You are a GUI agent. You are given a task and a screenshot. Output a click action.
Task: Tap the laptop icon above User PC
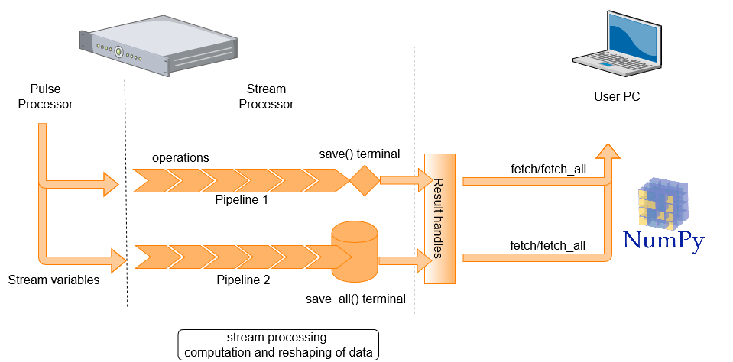[616, 46]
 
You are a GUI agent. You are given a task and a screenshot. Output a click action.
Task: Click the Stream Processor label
[266, 96]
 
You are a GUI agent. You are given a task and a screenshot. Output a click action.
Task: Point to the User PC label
[617, 97]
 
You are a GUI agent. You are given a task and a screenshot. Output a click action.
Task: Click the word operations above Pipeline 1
[181, 157]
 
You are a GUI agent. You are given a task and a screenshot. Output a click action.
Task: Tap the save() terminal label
[359, 154]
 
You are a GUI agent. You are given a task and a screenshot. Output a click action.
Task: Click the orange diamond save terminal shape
[365, 182]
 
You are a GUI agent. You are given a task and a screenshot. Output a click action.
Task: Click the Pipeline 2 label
[244, 280]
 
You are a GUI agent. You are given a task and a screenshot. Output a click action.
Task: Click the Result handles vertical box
[439, 218]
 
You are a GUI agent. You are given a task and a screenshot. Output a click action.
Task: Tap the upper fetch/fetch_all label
[548, 168]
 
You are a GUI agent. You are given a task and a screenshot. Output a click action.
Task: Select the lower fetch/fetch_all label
[548, 245]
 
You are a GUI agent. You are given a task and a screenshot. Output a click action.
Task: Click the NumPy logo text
[662, 241]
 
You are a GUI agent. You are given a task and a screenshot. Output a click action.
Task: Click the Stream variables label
[54, 280]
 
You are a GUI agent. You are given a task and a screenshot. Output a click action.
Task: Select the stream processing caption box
[278, 344]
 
